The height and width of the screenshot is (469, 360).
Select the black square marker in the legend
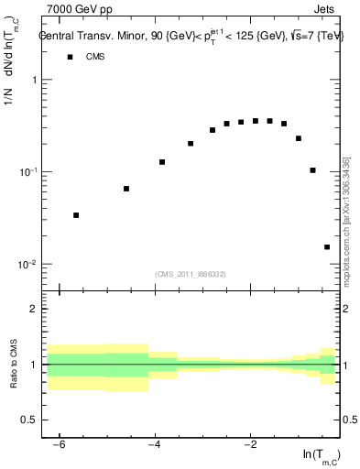click(x=70, y=57)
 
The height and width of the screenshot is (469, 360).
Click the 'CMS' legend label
click(x=96, y=57)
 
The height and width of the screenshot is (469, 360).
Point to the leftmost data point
click(x=76, y=215)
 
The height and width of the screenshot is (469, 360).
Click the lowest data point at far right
click(x=327, y=246)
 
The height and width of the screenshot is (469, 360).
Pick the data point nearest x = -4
click(x=162, y=162)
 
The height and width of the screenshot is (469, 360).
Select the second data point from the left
click(x=126, y=189)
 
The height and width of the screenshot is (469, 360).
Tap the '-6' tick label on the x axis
click(x=60, y=445)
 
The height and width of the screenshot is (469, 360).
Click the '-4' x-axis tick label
click(x=155, y=445)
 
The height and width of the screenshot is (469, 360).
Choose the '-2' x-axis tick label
click(x=250, y=445)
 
